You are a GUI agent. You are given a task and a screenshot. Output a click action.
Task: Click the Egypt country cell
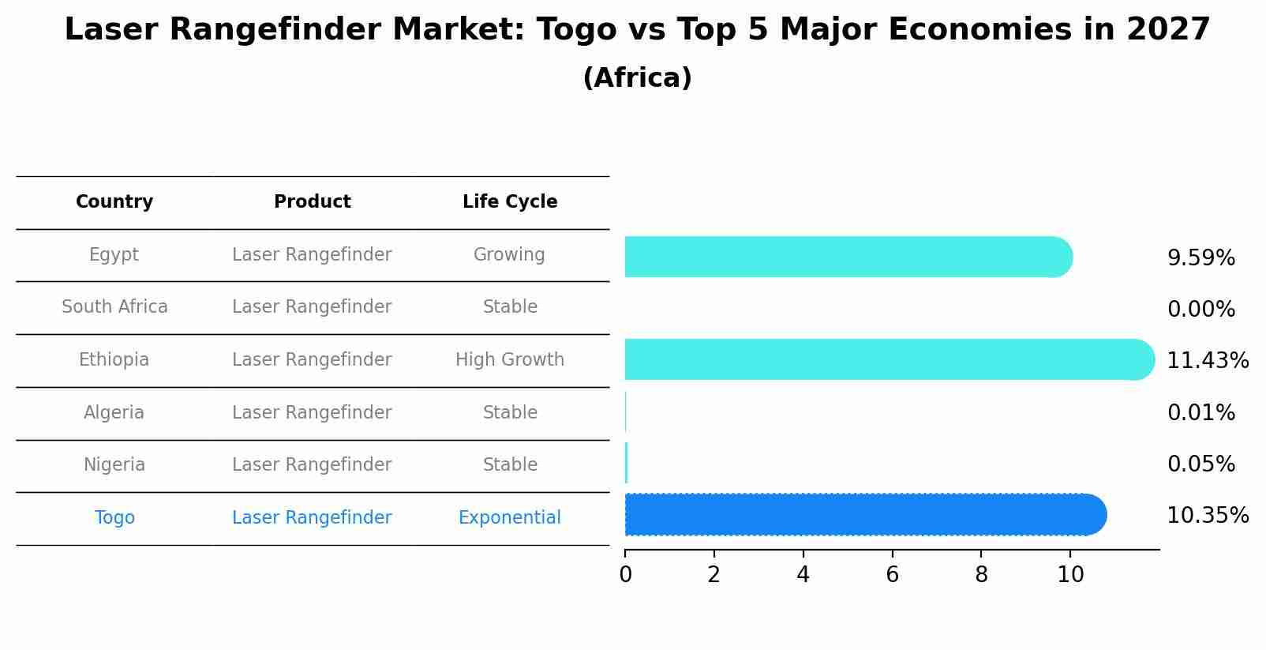click(x=114, y=255)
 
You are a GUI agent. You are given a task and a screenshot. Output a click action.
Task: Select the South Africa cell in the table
click(x=114, y=307)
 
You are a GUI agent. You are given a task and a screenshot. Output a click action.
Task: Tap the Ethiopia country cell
click(x=114, y=360)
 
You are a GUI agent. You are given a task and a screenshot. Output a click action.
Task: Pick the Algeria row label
click(x=114, y=413)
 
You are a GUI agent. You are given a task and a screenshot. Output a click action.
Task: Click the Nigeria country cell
click(x=114, y=465)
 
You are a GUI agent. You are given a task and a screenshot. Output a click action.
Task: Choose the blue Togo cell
click(x=114, y=518)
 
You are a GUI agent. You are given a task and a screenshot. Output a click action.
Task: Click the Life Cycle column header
click(x=510, y=202)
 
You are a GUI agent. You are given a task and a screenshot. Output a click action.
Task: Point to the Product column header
click(x=312, y=202)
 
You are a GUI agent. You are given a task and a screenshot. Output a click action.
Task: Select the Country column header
click(x=114, y=202)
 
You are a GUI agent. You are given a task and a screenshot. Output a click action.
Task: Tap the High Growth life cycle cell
click(x=510, y=360)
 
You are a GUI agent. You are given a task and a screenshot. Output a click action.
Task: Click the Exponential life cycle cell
click(x=510, y=518)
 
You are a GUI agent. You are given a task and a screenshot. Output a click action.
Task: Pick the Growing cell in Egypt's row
click(x=509, y=255)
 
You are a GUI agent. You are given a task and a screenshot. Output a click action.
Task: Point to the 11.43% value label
click(x=1208, y=361)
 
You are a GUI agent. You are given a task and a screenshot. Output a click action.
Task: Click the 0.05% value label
click(x=1201, y=464)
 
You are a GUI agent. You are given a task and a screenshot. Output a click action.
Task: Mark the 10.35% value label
click(x=1208, y=516)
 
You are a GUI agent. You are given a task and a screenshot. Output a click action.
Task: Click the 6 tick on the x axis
click(x=892, y=575)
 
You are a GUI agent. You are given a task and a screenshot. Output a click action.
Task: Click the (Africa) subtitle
click(x=637, y=78)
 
